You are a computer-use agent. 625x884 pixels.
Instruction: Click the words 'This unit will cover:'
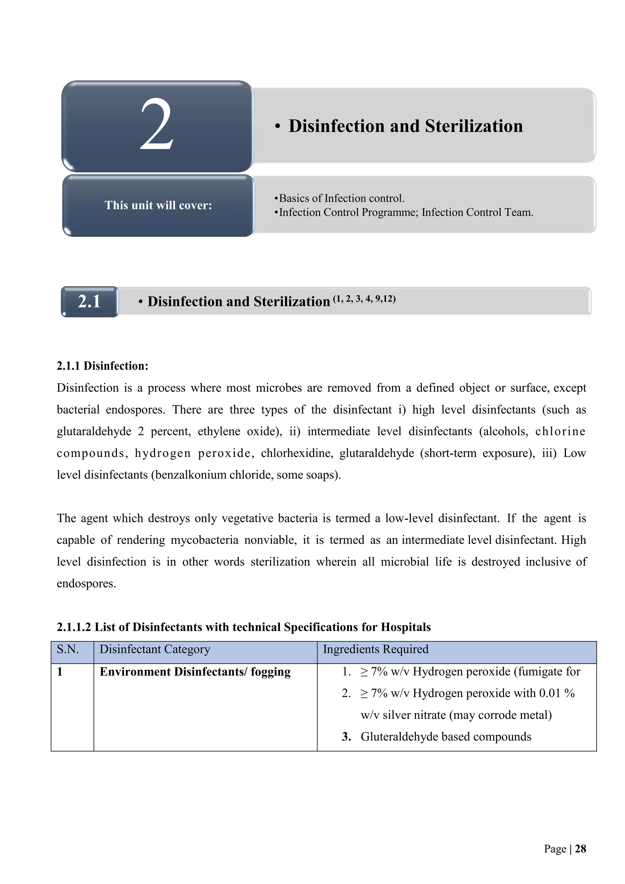point(158,205)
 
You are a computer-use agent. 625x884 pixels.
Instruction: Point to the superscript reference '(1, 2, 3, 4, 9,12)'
point(364,299)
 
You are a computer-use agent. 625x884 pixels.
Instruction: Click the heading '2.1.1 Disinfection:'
point(102,366)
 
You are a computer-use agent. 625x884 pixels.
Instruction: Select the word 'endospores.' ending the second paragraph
point(86,583)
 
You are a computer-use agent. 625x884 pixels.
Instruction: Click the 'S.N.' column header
point(68,650)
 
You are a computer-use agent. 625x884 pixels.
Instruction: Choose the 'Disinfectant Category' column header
point(155,650)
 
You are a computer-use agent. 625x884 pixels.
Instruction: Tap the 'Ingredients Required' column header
point(376,650)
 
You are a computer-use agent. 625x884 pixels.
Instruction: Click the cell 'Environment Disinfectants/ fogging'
point(195,672)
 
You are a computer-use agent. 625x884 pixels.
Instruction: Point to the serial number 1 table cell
point(60,672)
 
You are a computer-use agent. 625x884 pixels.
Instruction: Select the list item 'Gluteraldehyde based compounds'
point(446,737)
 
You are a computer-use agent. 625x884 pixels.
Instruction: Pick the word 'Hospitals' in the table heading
point(406,627)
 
